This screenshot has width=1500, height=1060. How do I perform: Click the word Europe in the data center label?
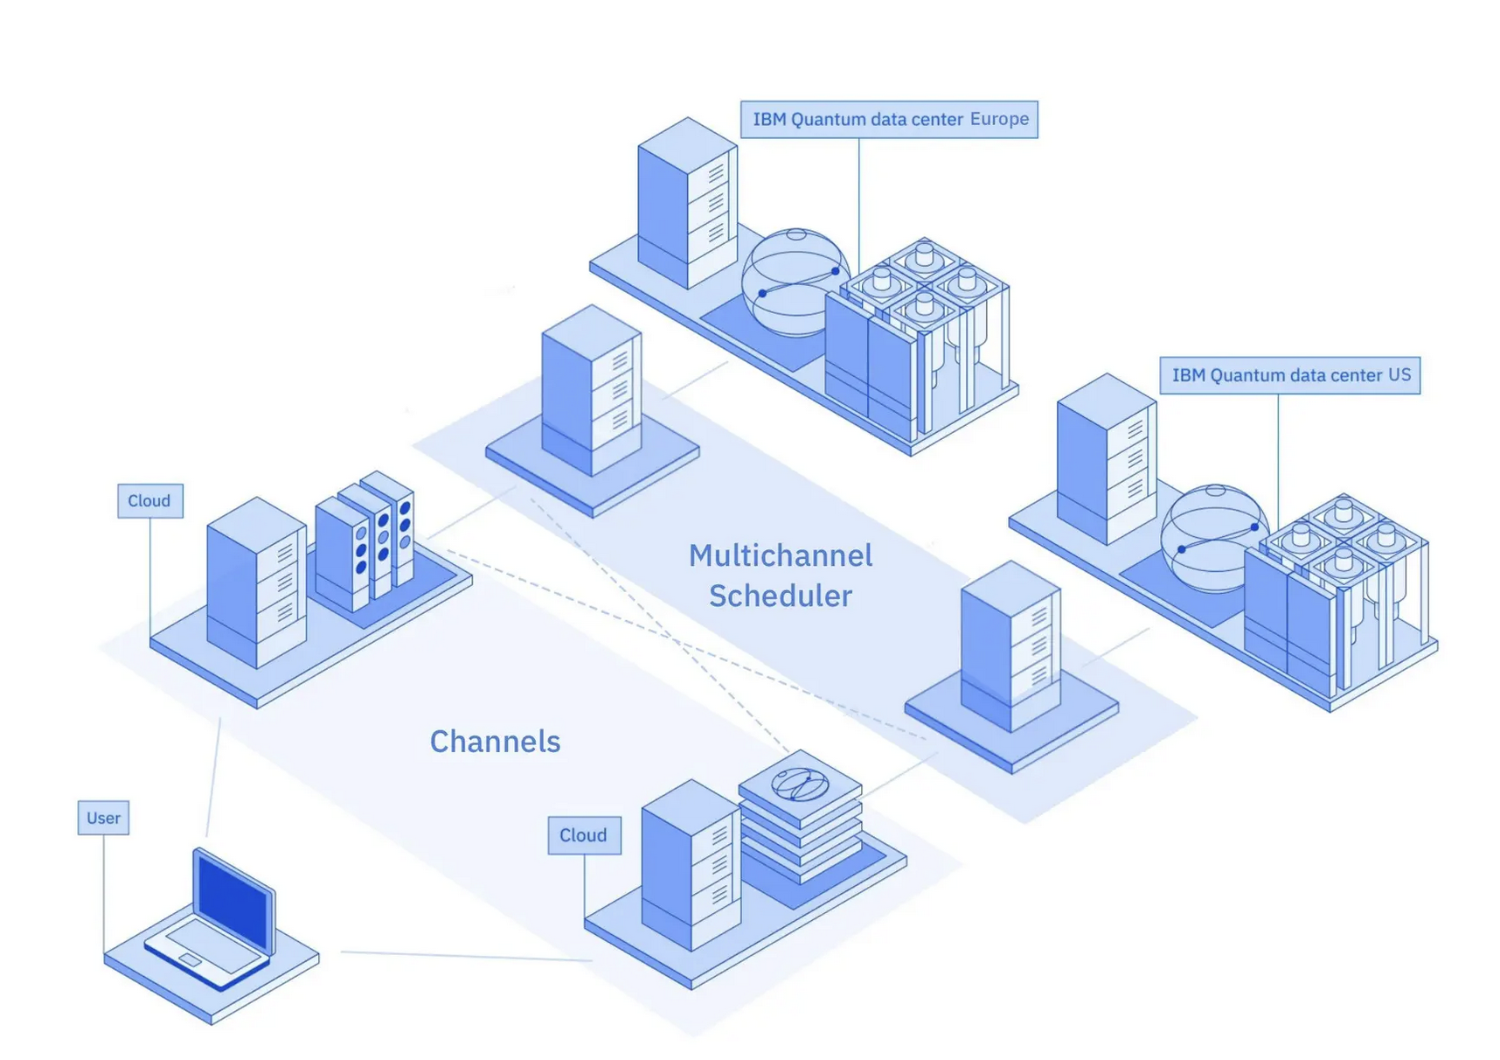tap(999, 119)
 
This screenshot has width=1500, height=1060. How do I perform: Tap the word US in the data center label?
tap(1399, 375)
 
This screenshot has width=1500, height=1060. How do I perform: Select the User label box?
tap(103, 819)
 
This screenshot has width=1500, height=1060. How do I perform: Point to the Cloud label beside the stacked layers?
tap(584, 835)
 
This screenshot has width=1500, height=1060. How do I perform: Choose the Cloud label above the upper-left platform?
tap(149, 501)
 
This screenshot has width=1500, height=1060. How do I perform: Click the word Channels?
tap(495, 742)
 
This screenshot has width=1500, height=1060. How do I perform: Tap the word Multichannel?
tap(781, 555)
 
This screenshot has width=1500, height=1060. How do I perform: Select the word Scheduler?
tap(781, 596)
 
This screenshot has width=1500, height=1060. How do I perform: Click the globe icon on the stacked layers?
tap(800, 785)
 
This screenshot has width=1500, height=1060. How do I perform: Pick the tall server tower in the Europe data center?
tap(687, 203)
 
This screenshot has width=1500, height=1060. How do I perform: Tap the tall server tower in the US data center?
tap(1107, 458)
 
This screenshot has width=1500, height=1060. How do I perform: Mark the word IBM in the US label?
tap(1189, 375)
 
